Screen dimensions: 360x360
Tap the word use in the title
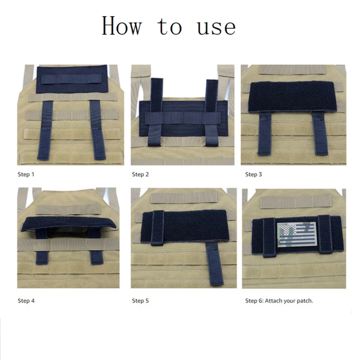(216, 28)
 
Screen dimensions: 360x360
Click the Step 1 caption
(26, 174)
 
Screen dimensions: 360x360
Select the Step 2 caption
(140, 174)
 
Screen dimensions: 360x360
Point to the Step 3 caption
(253, 174)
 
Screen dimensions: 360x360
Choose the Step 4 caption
(26, 301)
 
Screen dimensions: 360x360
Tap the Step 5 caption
(140, 301)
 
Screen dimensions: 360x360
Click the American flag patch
(297, 234)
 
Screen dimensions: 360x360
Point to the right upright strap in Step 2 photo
(212, 113)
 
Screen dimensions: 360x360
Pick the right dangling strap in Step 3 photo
(320, 133)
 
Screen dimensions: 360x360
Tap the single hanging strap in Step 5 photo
(214, 264)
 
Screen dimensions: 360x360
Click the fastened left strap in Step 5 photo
(158, 228)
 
